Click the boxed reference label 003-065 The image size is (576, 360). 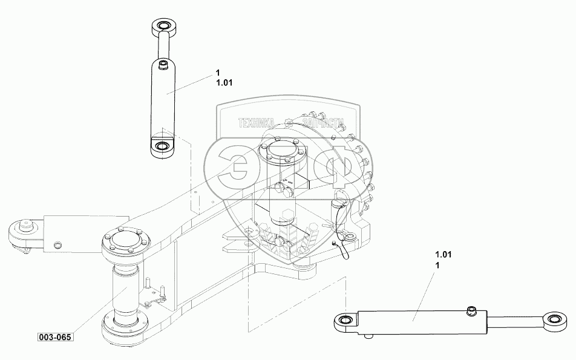[55, 337]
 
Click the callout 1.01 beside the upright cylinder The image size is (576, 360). [224, 83]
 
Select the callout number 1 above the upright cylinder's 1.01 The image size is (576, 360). [218, 73]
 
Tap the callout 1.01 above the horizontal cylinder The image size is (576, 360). [443, 254]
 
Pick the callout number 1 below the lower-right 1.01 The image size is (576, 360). [437, 265]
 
